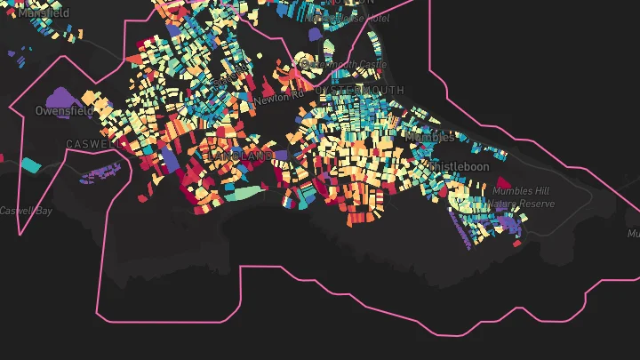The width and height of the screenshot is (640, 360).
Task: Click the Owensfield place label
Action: point(63,111)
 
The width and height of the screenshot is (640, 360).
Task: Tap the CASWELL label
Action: point(92,143)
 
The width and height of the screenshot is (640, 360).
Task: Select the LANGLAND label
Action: point(241,156)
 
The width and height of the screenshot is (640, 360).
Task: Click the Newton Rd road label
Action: point(277,97)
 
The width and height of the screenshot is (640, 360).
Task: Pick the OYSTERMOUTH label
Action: point(359,91)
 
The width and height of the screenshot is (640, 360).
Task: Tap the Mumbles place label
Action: point(430,138)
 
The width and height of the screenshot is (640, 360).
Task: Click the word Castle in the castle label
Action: point(372,64)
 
